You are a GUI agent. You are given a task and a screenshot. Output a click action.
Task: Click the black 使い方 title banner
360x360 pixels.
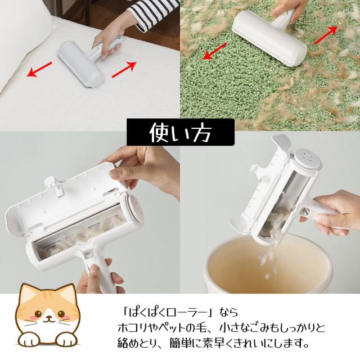(181, 132)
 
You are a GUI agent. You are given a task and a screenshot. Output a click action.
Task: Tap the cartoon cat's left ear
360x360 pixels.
(28, 295)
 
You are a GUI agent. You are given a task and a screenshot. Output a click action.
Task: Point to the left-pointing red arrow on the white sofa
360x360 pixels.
(39, 69)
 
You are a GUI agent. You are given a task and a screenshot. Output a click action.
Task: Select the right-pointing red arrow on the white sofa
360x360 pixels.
(124, 70)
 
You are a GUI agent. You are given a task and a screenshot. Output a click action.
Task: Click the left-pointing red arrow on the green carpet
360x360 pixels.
(215, 51)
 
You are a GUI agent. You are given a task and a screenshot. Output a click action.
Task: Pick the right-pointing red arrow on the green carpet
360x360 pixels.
(326, 34)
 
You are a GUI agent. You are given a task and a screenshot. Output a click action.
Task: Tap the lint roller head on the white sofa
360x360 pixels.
(81, 64)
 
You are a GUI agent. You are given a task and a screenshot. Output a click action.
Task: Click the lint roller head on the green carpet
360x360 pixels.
(269, 38)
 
